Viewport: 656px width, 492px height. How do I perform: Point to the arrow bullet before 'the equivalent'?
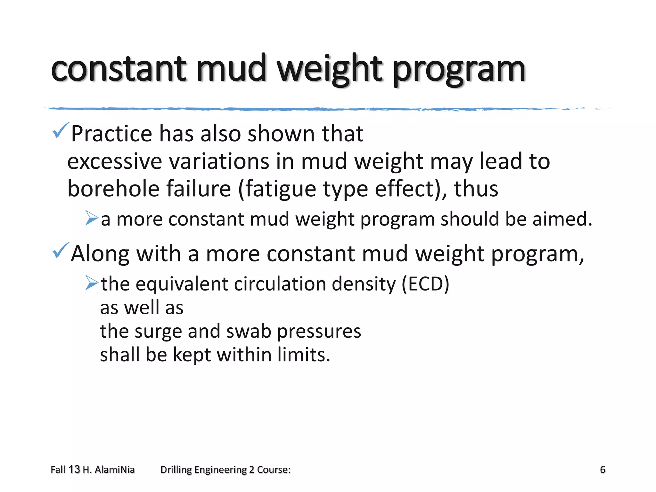[92, 283]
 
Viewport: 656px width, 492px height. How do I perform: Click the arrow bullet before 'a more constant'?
[92, 218]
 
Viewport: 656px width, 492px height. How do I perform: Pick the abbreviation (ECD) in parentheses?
[425, 284]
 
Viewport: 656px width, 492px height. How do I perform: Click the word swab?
[249, 331]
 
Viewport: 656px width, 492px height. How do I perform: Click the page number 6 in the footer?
[603, 470]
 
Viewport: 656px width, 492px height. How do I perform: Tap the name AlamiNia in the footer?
[115, 470]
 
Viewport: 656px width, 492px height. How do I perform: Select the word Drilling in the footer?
[176, 470]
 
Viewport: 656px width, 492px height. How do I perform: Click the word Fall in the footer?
[58, 470]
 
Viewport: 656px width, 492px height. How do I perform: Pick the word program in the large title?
[459, 70]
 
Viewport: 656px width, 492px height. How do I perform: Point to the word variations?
[219, 161]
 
